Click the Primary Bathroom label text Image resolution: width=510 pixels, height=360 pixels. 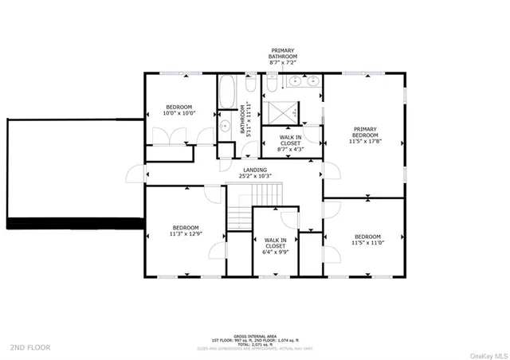(283, 57)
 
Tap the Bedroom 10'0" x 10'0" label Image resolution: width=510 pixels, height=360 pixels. (178, 110)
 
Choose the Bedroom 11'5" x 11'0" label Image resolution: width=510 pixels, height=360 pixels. (367, 240)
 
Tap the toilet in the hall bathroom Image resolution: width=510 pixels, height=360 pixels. (249, 85)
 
